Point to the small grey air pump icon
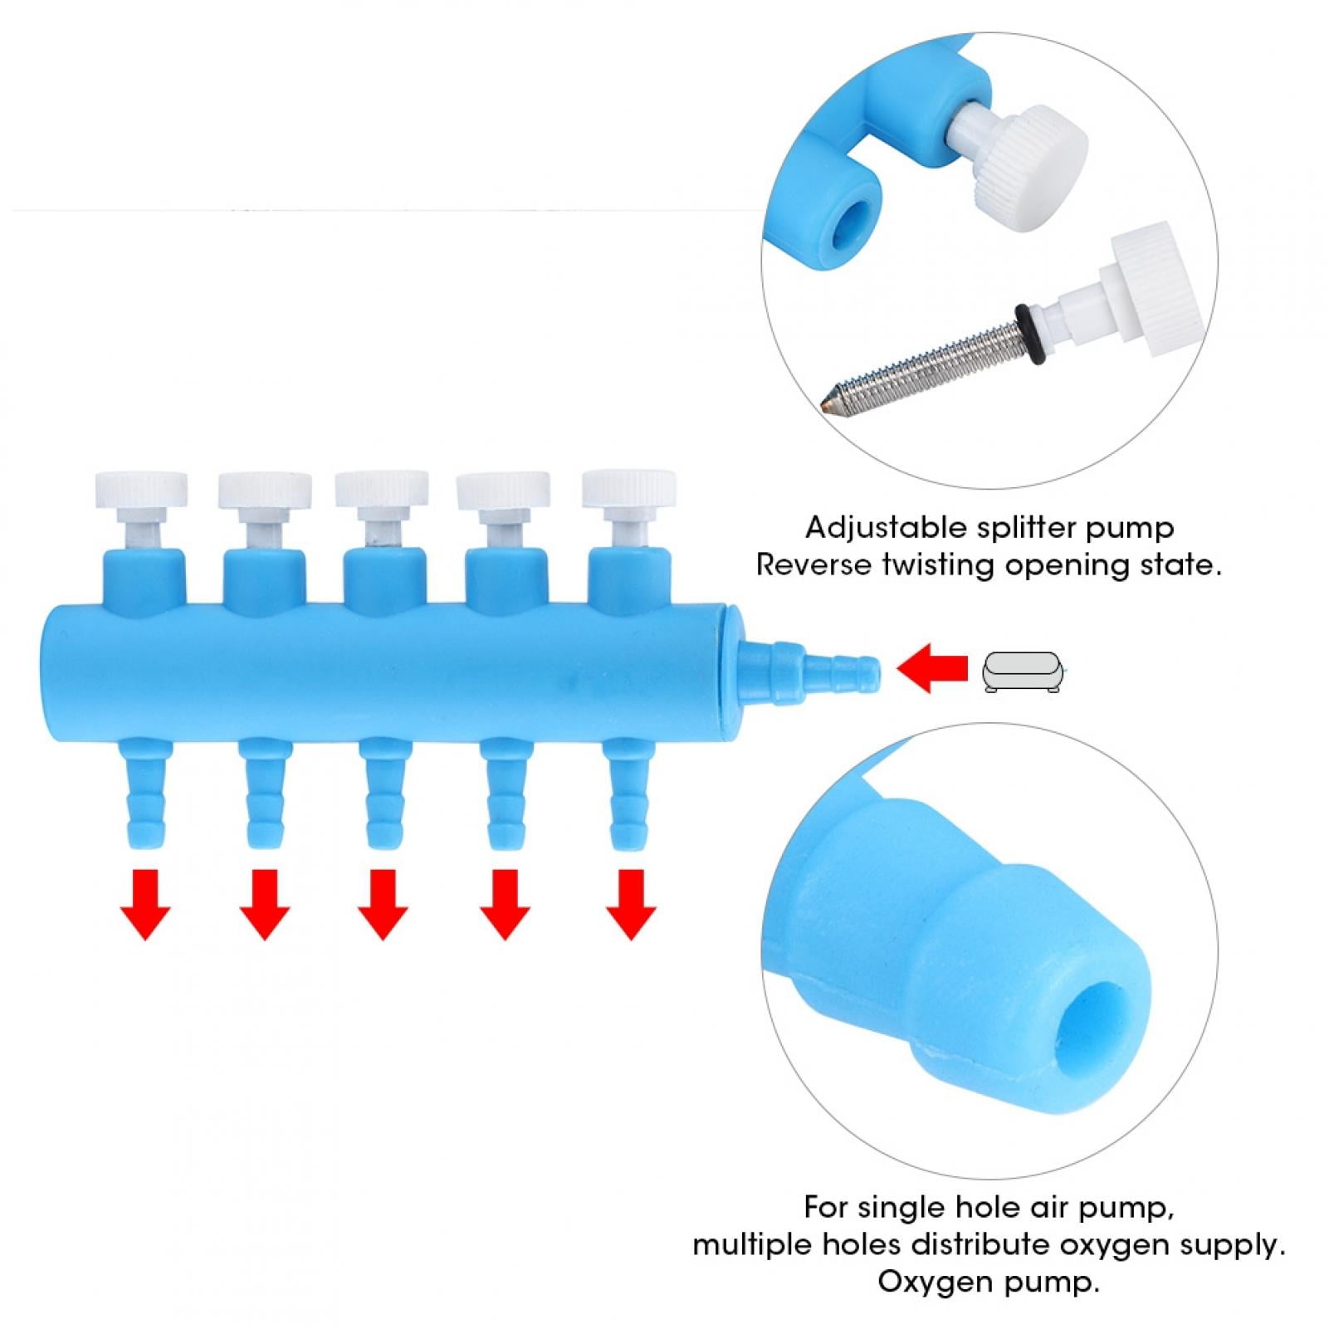[x=1023, y=672]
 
